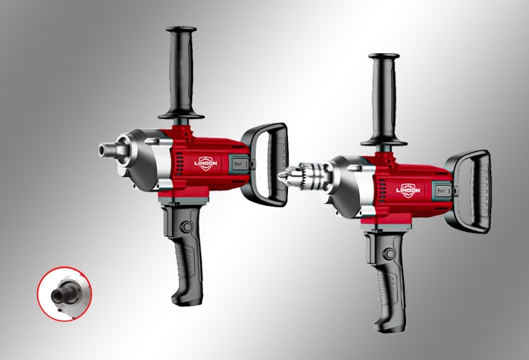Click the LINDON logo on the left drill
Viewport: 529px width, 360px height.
[206, 163]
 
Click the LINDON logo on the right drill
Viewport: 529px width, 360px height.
[408, 190]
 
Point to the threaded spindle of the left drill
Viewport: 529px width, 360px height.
[107, 149]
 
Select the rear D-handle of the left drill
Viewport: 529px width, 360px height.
[266, 164]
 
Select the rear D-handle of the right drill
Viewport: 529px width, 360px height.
[469, 192]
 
